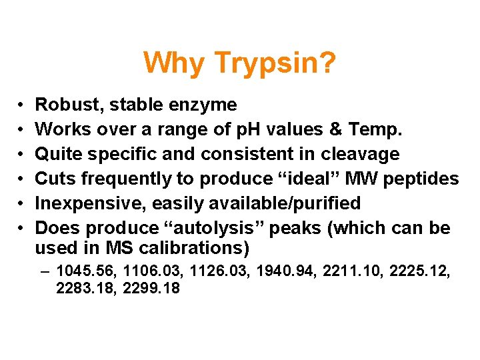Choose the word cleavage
360,154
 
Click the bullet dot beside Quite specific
22,155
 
